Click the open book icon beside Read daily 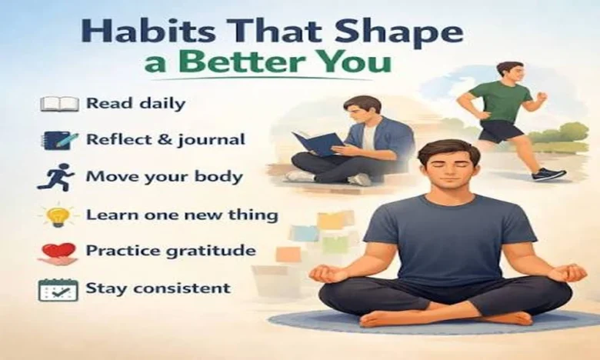click(x=60, y=104)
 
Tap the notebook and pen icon click(x=59, y=141)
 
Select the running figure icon click(x=56, y=177)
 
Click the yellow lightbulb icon click(x=58, y=215)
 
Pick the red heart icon click(x=58, y=253)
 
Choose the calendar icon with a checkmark click(x=58, y=290)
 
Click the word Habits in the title click(x=148, y=31)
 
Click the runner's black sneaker click(x=548, y=174)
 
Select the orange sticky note click(x=288, y=254)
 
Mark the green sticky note click(x=335, y=244)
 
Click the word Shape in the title click(x=398, y=32)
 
